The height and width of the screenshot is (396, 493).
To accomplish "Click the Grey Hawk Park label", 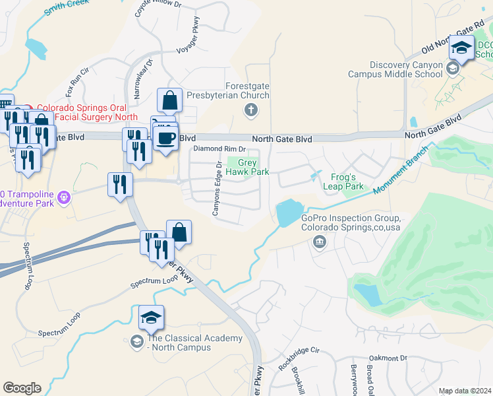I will [253, 167].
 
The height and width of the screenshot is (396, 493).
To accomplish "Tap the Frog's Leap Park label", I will [343, 182].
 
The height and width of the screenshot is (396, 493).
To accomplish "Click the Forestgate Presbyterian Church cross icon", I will [250, 110].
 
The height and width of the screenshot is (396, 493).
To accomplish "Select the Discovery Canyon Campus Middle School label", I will [397, 69].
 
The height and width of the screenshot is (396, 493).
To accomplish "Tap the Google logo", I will [22, 388].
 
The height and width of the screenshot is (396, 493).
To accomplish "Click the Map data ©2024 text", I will [465, 391].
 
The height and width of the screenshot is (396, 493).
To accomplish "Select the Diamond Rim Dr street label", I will [219, 149].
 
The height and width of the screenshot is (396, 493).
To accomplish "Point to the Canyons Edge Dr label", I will [215, 189].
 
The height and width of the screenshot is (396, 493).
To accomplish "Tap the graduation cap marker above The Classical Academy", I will [151, 319].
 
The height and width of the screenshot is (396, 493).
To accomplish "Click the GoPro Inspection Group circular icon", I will [319, 242].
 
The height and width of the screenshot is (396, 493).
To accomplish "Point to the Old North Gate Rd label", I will [453, 41].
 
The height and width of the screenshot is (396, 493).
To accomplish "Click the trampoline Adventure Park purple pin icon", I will [64, 197].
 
